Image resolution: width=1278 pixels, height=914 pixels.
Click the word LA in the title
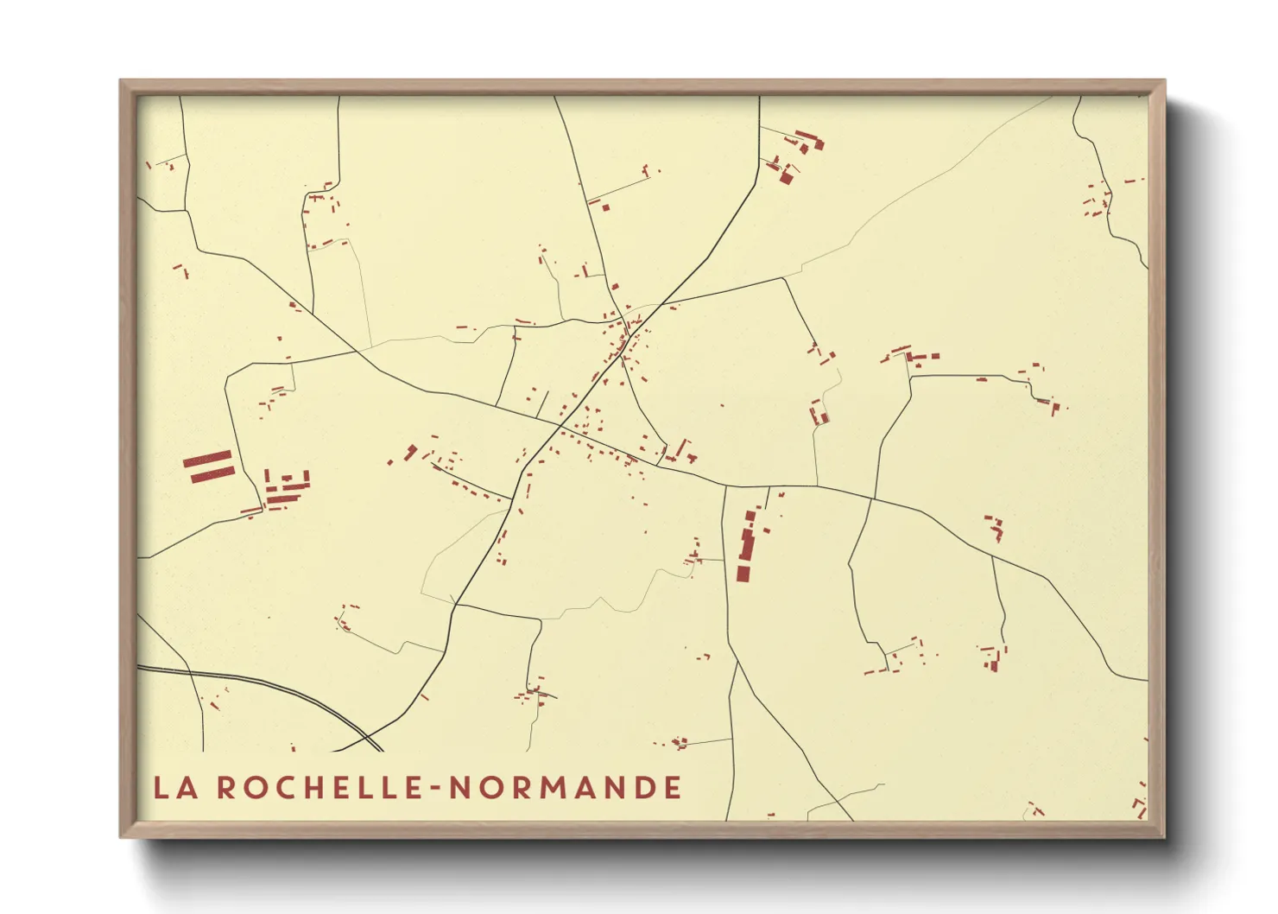[x=173, y=787]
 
